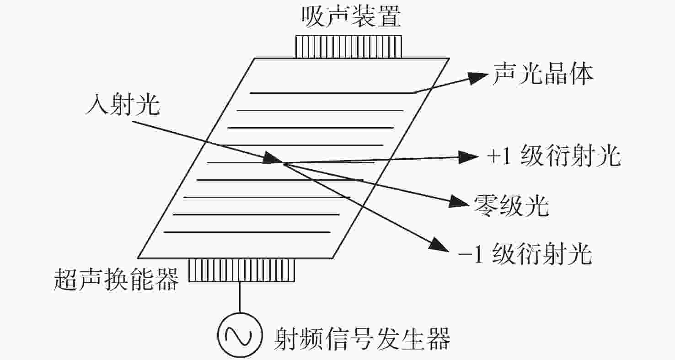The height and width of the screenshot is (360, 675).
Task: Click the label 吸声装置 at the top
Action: pyautogui.click(x=351, y=17)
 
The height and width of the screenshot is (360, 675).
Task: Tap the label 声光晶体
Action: pyautogui.click(x=543, y=74)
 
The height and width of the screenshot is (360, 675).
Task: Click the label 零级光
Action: pyautogui.click(x=511, y=206)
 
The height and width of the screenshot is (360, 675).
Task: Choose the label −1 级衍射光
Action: pyautogui.click(x=525, y=254)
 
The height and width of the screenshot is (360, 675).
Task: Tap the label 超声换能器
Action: pyautogui.click(x=116, y=279)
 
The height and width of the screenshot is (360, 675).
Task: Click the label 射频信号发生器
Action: pyautogui.click(x=362, y=339)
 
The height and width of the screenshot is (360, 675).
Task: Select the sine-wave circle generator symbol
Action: pyautogui.click(x=240, y=335)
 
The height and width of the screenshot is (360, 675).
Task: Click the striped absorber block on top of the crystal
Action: pyautogui.click(x=348, y=47)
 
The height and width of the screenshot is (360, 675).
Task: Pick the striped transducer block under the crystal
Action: pyautogui.click(x=241, y=270)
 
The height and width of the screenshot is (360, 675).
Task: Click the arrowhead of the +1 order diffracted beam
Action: pyautogui.click(x=468, y=157)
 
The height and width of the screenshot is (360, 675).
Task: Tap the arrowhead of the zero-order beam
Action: pyautogui.click(x=459, y=201)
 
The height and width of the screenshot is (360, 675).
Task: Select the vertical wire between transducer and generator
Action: pyautogui.click(x=240, y=297)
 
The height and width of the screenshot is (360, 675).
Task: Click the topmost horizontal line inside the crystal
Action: pyautogui.click(x=332, y=93)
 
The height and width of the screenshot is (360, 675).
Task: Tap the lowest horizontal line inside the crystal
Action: pyautogui.click(x=247, y=232)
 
